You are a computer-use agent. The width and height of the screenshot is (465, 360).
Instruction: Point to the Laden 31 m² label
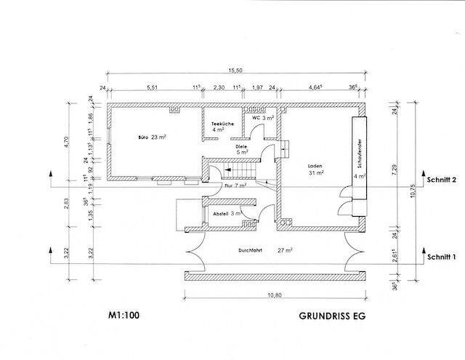[315, 169]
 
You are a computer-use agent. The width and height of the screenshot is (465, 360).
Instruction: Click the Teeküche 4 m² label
[222, 128]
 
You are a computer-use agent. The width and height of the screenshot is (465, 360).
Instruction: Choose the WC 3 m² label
[262, 117]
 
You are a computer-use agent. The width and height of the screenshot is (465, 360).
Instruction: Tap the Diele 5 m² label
[242, 149]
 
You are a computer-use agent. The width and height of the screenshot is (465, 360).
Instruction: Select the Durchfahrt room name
[249, 249]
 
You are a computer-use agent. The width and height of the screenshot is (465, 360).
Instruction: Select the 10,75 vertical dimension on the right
[412, 193]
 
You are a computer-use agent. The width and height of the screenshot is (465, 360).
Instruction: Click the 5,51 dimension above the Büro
[153, 87]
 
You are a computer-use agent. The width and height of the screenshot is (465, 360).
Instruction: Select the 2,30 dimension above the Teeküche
[219, 87]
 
